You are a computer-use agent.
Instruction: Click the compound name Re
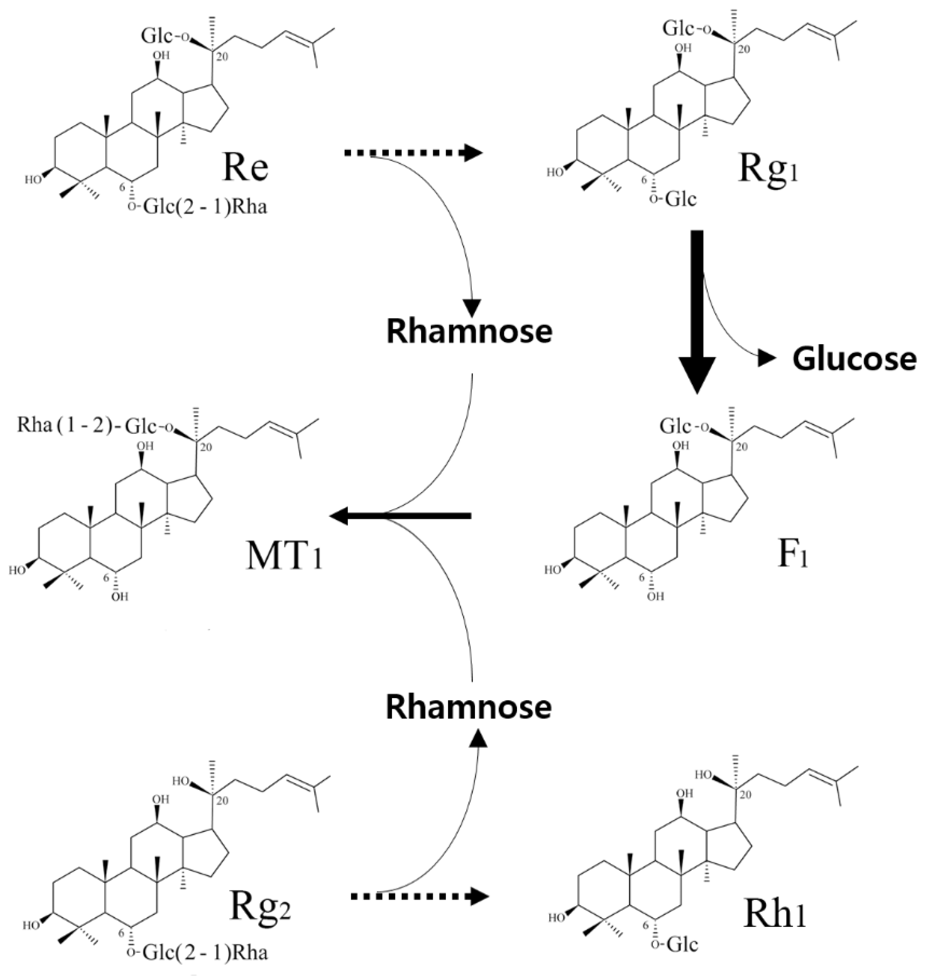[x=245, y=167]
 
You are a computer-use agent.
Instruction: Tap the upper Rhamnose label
[x=469, y=331]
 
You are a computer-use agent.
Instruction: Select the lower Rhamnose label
[x=469, y=707]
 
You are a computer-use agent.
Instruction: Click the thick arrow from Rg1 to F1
[x=697, y=308]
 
